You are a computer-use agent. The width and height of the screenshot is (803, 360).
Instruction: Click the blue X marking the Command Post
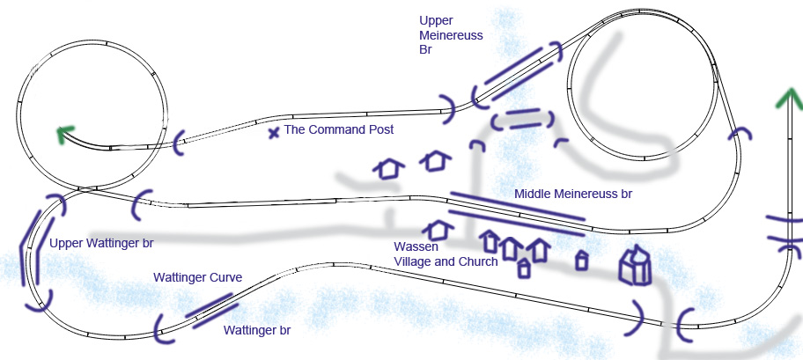[274, 133]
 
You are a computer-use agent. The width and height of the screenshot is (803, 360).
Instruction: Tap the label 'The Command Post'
[338, 129]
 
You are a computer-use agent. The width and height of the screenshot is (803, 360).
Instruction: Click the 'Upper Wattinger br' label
[101, 243]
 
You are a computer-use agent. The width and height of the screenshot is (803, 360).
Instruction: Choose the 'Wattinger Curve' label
[197, 278]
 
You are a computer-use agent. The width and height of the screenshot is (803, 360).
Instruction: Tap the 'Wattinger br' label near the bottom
[256, 331]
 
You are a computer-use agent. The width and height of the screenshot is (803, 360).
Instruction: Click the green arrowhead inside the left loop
[63, 135]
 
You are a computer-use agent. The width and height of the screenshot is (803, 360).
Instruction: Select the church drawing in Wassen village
[636, 265]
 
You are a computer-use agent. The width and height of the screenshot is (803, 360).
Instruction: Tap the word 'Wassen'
[416, 247]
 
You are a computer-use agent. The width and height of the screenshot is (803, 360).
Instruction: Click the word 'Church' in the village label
[479, 262]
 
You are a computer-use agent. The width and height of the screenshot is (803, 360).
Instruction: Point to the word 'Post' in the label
[379, 129]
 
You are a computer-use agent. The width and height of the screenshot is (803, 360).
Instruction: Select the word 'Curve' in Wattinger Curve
[224, 278]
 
